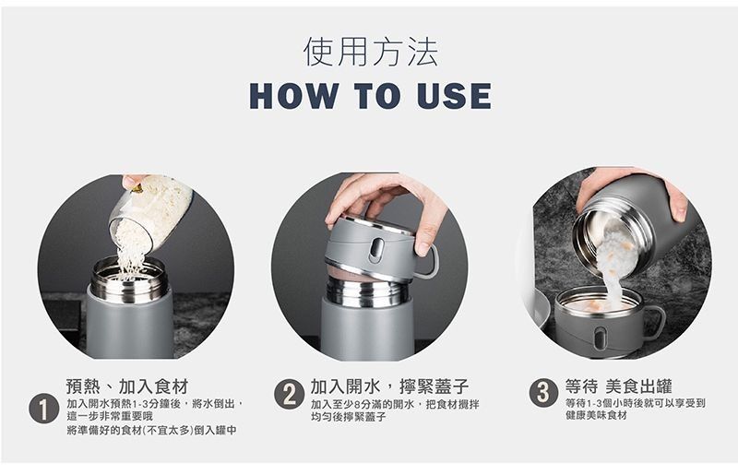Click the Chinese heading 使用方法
[371, 52]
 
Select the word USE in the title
[454, 96]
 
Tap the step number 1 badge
[43, 409]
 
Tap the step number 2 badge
[289, 394]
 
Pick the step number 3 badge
[543, 392]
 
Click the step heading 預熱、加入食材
[127, 386]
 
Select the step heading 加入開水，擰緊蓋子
[389, 386]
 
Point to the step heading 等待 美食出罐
[618, 386]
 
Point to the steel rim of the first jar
[129, 281]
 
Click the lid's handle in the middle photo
[427, 262]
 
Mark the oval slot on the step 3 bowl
[599, 338]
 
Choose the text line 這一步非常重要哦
[110, 417]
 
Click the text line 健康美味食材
[596, 415]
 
